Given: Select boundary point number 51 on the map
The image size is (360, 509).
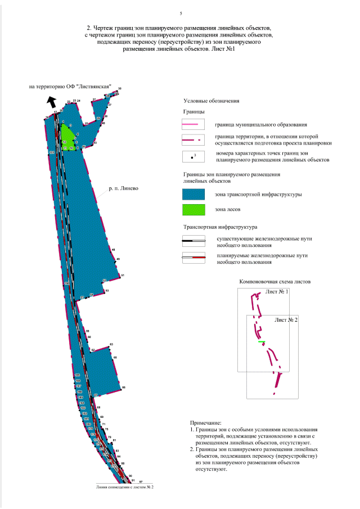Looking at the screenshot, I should coord(122,275).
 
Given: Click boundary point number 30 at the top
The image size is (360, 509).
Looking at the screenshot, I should coord(119,89).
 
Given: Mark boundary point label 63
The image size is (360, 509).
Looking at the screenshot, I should coord(111,344).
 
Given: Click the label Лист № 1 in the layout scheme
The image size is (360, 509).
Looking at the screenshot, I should coord(276,292).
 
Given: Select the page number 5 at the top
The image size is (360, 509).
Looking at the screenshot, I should coord(181,13).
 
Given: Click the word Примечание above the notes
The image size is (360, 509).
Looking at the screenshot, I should coord(206,422).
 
